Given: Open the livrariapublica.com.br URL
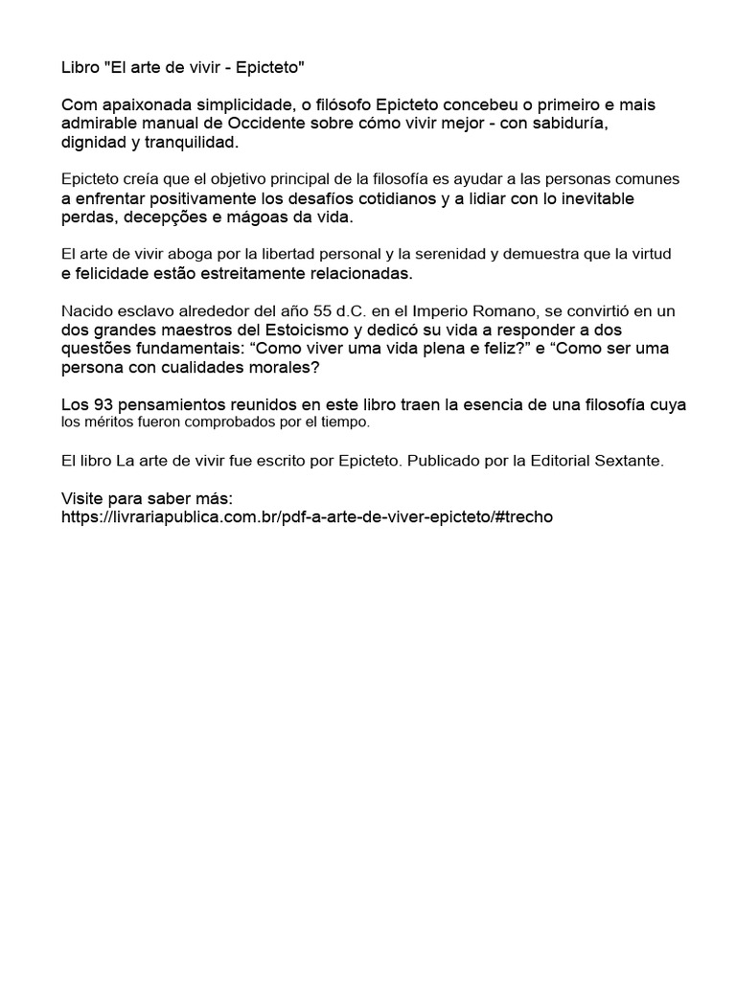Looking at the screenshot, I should click(x=307, y=516).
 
